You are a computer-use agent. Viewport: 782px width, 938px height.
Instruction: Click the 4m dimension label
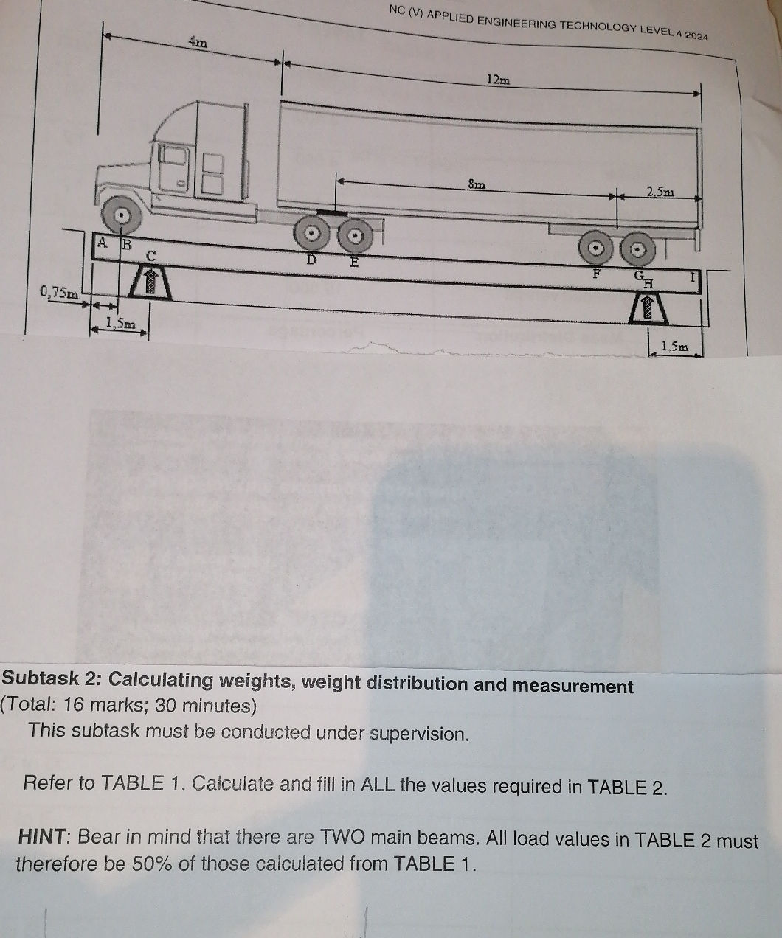click(198, 43)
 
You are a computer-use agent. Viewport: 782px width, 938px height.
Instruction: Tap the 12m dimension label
click(499, 80)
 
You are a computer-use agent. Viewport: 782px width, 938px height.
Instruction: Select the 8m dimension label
click(477, 184)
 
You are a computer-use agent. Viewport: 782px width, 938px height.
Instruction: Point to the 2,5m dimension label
click(660, 192)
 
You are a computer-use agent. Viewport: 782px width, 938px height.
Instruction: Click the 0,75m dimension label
click(59, 293)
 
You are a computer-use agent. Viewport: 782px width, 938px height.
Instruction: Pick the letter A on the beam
click(103, 243)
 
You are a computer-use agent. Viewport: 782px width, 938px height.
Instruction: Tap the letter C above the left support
click(151, 256)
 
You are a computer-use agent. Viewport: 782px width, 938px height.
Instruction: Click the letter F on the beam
click(596, 273)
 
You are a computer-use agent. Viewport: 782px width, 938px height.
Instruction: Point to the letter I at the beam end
click(693, 277)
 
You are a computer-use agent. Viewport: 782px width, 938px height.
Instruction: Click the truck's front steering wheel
click(121, 215)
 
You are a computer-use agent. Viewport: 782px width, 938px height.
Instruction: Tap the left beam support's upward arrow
click(150, 282)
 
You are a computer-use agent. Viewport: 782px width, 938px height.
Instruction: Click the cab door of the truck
click(173, 167)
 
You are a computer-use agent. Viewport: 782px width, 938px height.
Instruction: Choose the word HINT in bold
click(42, 837)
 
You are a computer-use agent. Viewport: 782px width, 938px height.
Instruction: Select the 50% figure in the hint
click(151, 864)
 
